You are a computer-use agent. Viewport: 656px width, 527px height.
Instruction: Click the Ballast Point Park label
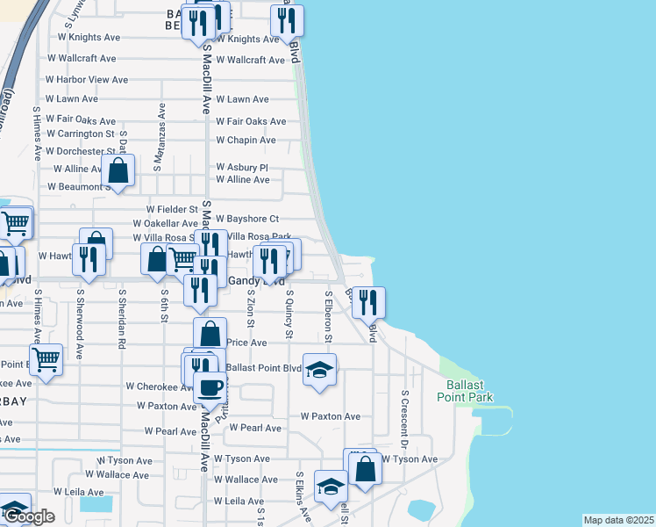(x=465, y=391)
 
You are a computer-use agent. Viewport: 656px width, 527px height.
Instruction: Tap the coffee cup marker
(x=210, y=388)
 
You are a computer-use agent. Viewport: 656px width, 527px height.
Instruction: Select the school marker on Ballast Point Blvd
(x=320, y=370)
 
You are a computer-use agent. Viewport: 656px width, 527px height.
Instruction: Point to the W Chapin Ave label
(x=246, y=141)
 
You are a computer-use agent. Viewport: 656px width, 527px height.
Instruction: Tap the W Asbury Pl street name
(x=241, y=168)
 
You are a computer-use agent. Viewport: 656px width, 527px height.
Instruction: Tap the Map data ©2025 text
(x=618, y=520)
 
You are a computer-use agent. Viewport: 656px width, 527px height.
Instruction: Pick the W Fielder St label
(x=172, y=210)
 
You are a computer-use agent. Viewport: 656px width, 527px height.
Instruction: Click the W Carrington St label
(x=80, y=134)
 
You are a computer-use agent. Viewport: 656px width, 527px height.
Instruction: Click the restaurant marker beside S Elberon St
(x=368, y=303)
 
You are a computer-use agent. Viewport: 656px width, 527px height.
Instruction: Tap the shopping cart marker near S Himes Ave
(x=46, y=358)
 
